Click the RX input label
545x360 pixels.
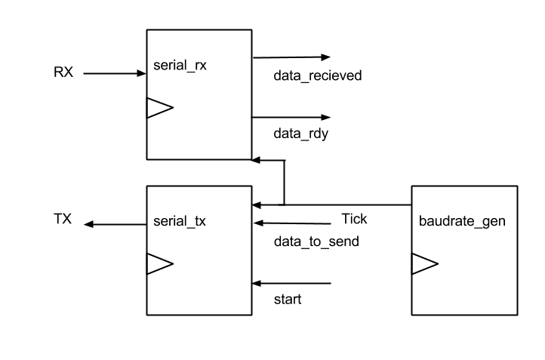click(63, 72)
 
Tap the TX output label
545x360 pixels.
click(63, 219)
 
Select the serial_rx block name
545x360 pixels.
click(180, 66)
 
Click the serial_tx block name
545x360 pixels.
click(180, 221)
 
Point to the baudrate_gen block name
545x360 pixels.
click(462, 221)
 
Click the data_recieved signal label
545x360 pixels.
click(317, 75)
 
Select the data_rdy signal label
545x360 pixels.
click(300, 134)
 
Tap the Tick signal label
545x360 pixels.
click(354, 219)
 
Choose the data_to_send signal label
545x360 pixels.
click(316, 242)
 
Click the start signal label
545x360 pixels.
click(288, 299)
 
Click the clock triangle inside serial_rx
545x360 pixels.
click(160, 108)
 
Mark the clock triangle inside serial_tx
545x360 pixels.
click(160, 263)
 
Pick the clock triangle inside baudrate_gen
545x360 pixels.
click(425, 263)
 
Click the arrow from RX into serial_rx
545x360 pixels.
click(115, 73)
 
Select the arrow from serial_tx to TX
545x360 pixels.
click(115, 224)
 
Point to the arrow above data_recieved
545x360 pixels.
click(291, 57)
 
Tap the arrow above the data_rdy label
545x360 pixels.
click(291, 118)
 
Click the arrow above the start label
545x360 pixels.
click(291, 284)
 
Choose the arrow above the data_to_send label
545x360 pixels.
click(292, 223)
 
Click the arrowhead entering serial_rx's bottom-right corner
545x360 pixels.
click(256, 160)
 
